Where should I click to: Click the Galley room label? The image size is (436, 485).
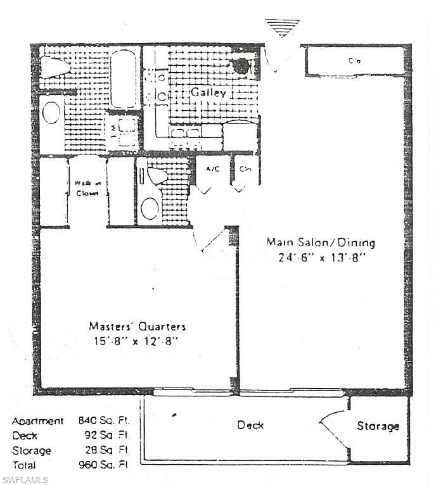[208, 92]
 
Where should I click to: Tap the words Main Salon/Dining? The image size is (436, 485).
[320, 242]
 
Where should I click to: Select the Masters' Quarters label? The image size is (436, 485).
[138, 327]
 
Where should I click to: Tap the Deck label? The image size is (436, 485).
[250, 425]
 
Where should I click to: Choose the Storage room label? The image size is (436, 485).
[378, 426]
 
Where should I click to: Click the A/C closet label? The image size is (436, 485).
[212, 169]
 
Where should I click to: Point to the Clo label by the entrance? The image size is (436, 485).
[354, 61]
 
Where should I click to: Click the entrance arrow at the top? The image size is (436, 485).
[282, 27]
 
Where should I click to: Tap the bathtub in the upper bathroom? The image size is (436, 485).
[124, 79]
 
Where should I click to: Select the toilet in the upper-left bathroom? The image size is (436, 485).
[54, 66]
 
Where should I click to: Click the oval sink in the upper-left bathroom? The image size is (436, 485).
[51, 113]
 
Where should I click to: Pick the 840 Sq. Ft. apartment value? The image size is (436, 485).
[103, 421]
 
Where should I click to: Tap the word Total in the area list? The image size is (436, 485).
[25, 465]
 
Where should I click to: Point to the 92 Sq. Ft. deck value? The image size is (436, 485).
[108, 436]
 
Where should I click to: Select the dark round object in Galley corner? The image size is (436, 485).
[241, 65]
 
